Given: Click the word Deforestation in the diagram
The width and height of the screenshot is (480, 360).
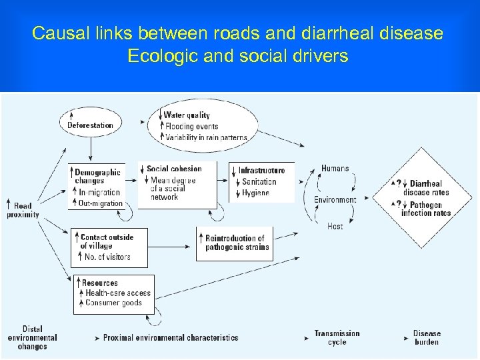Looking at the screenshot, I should (90, 125).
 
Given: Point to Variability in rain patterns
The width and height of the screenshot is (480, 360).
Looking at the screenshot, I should (206, 137).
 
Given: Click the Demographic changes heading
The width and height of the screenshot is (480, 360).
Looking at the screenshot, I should (97, 176).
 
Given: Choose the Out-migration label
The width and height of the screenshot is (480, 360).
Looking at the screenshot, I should (101, 203).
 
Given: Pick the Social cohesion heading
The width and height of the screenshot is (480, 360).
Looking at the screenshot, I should (174, 169).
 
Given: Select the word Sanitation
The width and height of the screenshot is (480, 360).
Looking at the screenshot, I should (259, 181).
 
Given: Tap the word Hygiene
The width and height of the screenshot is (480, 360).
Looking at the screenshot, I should (256, 193).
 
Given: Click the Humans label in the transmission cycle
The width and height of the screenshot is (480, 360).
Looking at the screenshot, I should (335, 169).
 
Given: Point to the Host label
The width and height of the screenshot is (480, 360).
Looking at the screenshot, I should (335, 227).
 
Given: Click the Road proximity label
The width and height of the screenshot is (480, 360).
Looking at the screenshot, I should (23, 211).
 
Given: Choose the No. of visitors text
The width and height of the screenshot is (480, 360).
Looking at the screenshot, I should (107, 257).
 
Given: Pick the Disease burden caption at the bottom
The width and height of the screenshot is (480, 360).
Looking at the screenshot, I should (427, 337).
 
